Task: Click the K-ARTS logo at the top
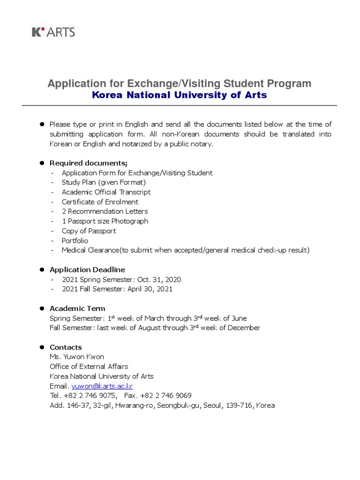pos(53,32)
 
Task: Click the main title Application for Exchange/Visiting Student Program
pos(180,83)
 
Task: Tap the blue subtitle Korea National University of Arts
pos(180,95)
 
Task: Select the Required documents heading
pos(89,163)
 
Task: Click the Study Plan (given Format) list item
pos(104,182)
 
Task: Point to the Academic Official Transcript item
pos(106,192)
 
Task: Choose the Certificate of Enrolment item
pos(100,202)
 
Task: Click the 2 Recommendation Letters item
pos(105,211)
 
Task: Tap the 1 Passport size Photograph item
pos(105,221)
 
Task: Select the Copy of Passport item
pos(89,231)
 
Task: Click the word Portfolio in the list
pos(75,240)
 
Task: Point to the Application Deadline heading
pos(87,270)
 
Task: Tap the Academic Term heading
pos(77,308)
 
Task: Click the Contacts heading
pos(66,347)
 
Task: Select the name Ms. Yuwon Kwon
pos(77,357)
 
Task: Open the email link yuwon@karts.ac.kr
pos(102,386)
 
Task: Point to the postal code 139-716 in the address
pos(240,405)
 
